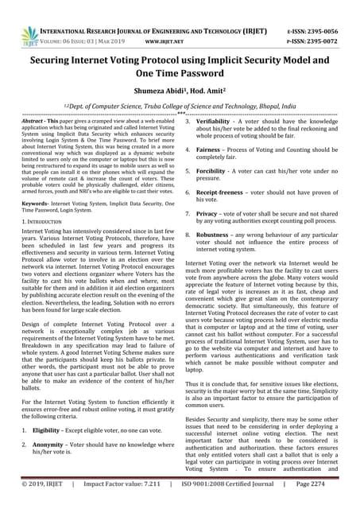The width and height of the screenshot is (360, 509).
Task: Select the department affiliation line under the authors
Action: (180, 105)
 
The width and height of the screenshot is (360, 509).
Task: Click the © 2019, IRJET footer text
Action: (43, 482)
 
